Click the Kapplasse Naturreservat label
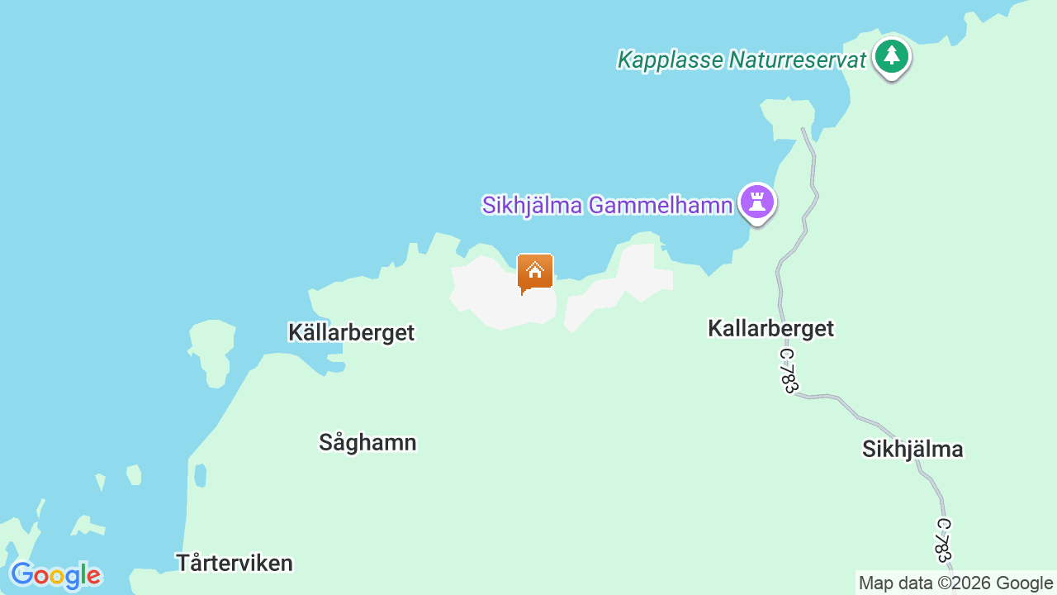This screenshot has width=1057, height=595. [x=742, y=60]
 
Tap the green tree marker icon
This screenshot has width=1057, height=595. [x=891, y=57]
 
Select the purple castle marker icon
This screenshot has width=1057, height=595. [x=757, y=201]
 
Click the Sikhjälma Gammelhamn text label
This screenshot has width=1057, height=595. [x=607, y=205]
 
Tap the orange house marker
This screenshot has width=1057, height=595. [x=534, y=272]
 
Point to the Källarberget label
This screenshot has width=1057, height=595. [x=351, y=332]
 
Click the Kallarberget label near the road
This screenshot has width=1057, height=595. [x=770, y=328]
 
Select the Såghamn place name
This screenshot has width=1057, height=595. [x=367, y=443]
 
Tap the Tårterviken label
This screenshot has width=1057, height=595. [x=235, y=564]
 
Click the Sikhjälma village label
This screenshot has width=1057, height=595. [x=912, y=450]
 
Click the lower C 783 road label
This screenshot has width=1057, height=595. [x=942, y=540]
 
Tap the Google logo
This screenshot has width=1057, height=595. [x=55, y=575]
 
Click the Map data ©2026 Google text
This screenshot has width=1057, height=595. [x=955, y=583]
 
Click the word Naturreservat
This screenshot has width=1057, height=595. [x=798, y=60]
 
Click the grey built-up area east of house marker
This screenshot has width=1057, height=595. [x=632, y=281]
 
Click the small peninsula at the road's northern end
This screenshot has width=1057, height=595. [x=789, y=116]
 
